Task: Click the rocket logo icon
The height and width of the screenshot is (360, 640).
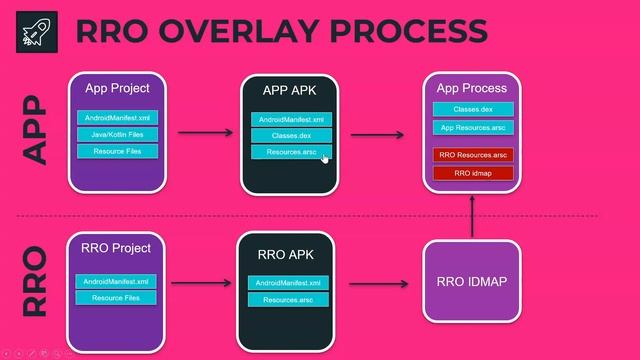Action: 37,31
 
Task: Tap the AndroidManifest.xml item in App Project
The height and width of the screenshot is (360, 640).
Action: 117,118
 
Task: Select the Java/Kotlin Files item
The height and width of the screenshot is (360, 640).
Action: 117,135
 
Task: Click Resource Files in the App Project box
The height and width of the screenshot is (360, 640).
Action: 117,152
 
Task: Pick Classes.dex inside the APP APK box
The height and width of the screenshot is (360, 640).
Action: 291,136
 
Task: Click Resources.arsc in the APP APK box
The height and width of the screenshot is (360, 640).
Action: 291,153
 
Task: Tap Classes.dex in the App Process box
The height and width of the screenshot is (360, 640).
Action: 472,109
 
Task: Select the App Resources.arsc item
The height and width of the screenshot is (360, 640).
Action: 472,128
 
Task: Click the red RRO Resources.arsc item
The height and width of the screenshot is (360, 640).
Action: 473,155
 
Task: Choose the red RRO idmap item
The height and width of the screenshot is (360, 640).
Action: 473,173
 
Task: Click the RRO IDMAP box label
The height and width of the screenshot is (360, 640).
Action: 471,282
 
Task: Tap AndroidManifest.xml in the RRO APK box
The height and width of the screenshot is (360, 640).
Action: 288,283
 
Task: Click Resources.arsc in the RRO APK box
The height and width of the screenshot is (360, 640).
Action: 288,300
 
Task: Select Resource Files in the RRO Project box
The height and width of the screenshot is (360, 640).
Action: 116,298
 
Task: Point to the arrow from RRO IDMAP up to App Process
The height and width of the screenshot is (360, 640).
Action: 471,216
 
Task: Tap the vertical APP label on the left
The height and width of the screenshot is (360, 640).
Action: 36,129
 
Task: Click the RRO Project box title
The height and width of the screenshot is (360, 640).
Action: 116,248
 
